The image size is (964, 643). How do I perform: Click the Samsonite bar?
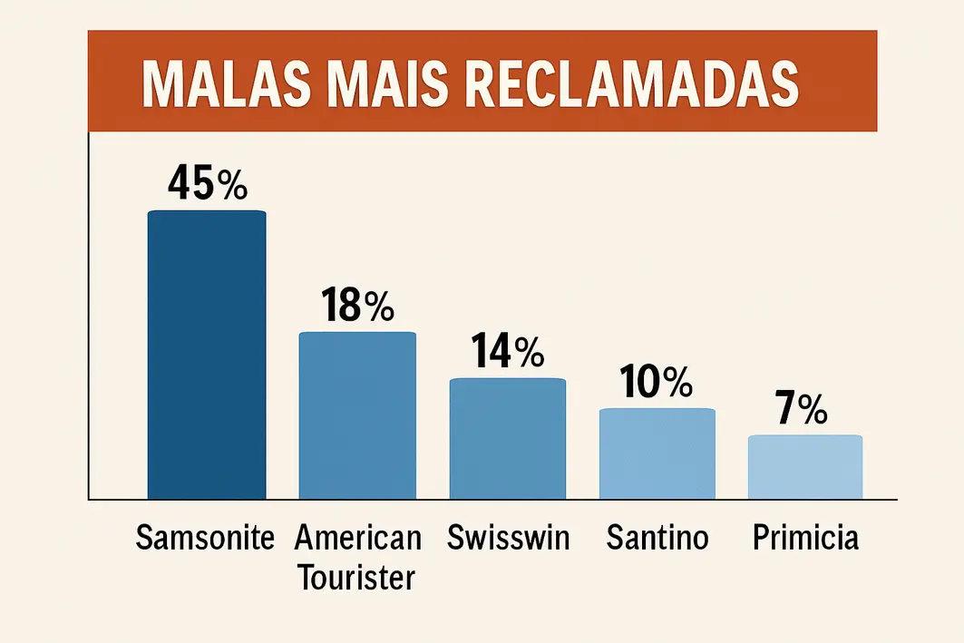[207, 355]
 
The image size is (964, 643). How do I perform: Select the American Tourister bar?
[357, 415]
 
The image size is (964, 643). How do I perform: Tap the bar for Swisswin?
[508, 438]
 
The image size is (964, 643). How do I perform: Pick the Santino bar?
[657, 453]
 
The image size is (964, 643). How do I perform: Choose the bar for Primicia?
[805, 467]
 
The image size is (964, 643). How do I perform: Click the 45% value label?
[207, 184]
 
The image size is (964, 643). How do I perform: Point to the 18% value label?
[357, 307]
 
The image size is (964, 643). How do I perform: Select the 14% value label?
[508, 351]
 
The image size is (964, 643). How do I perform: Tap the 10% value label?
[657, 383]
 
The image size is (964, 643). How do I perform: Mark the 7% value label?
[802, 410]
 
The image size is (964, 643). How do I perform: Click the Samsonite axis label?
[205, 538]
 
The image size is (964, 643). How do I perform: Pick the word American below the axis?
[358, 538]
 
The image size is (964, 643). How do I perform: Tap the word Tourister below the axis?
[357, 576]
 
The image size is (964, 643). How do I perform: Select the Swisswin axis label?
[509, 538]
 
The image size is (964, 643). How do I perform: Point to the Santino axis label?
[657, 538]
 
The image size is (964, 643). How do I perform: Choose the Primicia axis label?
[805, 538]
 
